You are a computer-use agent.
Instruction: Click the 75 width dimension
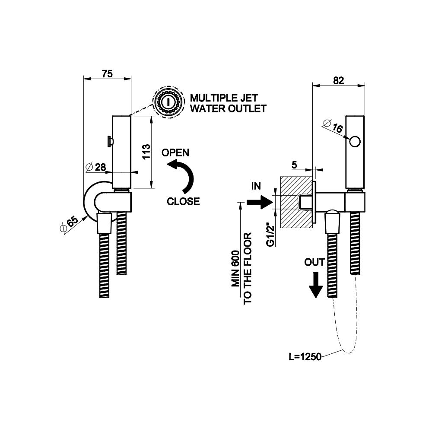(x=107, y=73)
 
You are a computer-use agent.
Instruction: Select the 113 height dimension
(x=146, y=152)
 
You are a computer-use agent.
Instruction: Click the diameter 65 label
(x=70, y=225)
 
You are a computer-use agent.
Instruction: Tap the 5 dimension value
(x=294, y=165)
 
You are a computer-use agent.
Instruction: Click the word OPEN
(x=175, y=152)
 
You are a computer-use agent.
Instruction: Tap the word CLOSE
(x=183, y=201)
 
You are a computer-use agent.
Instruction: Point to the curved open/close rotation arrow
(x=183, y=175)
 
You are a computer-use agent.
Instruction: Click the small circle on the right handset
(x=356, y=141)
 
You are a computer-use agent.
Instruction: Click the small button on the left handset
(x=110, y=141)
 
